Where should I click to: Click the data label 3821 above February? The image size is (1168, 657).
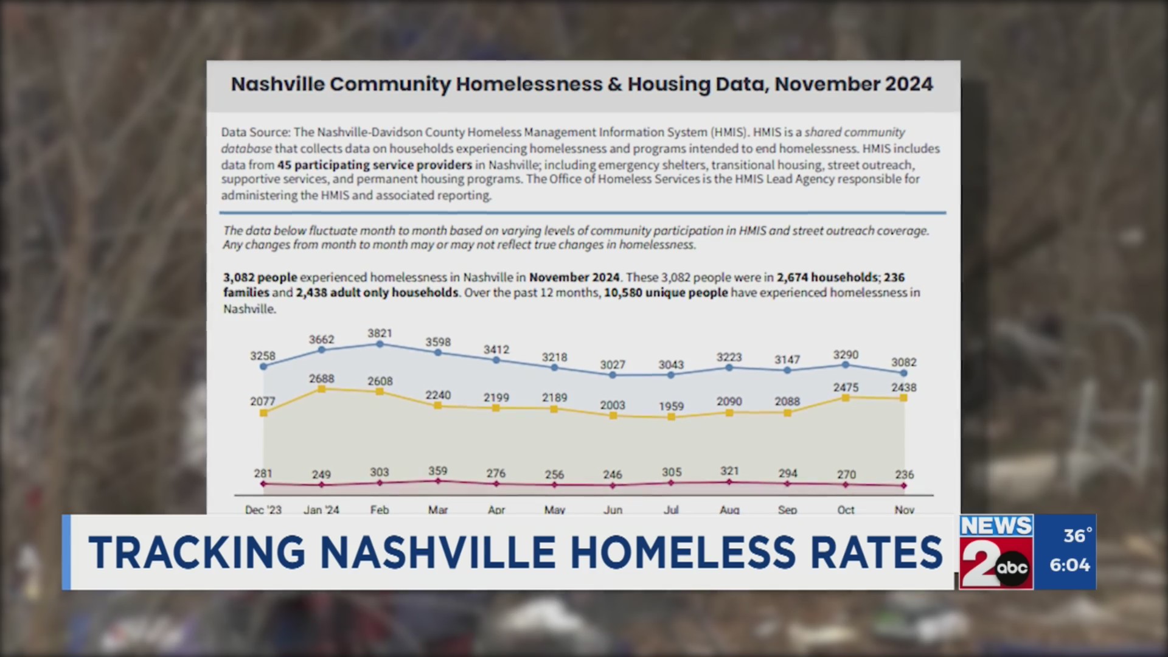(x=380, y=333)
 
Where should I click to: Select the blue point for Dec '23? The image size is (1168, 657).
(x=263, y=366)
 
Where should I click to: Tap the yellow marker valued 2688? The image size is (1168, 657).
(x=322, y=389)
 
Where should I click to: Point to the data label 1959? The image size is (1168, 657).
(x=671, y=406)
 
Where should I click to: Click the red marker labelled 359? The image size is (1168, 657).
(x=438, y=481)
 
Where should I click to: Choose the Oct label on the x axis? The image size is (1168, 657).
(x=846, y=510)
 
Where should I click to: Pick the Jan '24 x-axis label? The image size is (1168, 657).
(x=321, y=510)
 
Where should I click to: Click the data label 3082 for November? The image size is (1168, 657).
(x=904, y=362)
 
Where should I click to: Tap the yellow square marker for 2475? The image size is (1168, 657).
(x=846, y=397)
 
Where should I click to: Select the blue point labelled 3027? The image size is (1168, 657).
(x=613, y=375)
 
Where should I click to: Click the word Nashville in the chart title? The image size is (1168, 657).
(x=277, y=84)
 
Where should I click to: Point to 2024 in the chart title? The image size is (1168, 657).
(x=909, y=84)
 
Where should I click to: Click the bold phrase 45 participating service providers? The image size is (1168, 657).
(x=375, y=165)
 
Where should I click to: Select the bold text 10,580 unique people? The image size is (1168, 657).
(x=666, y=293)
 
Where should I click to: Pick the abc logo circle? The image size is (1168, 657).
(x=1012, y=568)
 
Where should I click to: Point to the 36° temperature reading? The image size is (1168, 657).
(x=1077, y=535)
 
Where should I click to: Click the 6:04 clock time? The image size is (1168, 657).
(x=1069, y=565)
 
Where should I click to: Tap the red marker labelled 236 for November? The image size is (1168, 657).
(x=904, y=485)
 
